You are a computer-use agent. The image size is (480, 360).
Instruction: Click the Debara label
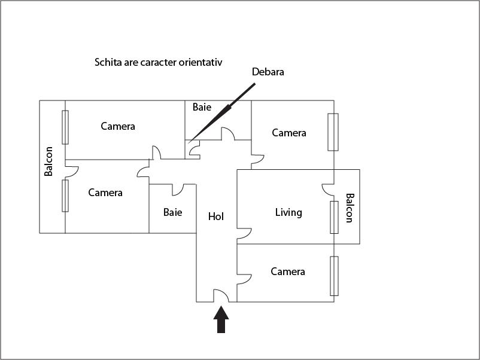point(268,72)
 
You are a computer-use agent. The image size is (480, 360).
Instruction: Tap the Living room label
point(288,212)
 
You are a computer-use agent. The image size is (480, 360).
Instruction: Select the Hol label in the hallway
point(216,216)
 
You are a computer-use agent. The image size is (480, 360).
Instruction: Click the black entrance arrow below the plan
point(221,319)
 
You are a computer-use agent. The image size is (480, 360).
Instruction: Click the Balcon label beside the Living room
point(350,208)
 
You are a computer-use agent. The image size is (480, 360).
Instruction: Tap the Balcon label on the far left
point(48,161)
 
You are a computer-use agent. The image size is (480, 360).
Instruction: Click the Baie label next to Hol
point(172,212)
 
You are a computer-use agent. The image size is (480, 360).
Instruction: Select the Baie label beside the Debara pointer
point(202,107)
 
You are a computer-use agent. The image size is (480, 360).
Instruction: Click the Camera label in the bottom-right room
point(288,271)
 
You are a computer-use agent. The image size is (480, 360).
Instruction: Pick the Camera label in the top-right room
point(289,133)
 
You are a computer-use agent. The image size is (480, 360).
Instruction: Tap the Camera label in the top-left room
point(118,126)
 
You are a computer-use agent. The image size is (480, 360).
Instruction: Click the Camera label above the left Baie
point(105,193)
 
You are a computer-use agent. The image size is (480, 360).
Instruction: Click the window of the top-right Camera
point(333,132)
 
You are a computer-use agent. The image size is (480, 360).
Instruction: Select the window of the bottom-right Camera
point(335,276)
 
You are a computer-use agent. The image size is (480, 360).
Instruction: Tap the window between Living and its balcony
point(335,217)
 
